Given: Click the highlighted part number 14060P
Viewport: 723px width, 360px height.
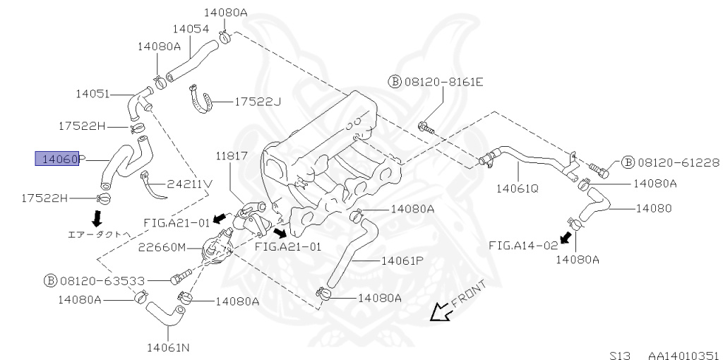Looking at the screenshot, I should [60, 160].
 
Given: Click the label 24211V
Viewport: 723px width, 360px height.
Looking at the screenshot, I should [189, 184].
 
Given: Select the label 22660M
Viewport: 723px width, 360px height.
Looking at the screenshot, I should [162, 247].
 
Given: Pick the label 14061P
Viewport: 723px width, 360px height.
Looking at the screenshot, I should [402, 260].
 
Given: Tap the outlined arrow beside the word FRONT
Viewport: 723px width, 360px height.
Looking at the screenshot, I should [441, 311].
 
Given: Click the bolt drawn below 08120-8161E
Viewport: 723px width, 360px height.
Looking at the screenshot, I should [425, 128].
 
